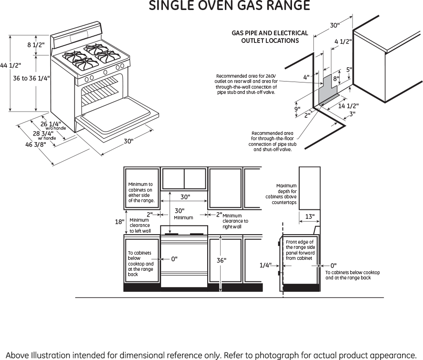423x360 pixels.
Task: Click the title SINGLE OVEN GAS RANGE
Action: coord(230,6)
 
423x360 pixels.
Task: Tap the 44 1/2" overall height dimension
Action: coord(10,65)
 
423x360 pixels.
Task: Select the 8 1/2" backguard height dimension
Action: coord(36,45)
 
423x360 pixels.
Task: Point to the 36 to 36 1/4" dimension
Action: coord(31,78)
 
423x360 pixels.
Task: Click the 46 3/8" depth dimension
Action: coord(35,144)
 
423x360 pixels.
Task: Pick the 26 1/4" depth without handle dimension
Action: coord(51,124)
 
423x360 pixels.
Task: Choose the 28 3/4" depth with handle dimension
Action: coord(43,134)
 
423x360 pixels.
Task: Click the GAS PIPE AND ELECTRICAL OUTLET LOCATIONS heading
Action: coord(270,37)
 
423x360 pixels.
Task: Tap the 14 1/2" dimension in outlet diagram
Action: coord(348,106)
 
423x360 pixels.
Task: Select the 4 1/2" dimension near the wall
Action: coord(343,41)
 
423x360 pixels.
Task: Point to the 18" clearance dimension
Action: coord(120,222)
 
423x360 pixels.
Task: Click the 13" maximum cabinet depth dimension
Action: coord(310,217)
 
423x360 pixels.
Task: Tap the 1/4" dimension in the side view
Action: coord(266,266)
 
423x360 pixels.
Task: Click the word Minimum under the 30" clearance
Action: coord(183,217)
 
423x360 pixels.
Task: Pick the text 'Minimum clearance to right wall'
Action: coord(235,221)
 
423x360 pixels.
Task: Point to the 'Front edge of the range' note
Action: coord(300,250)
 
